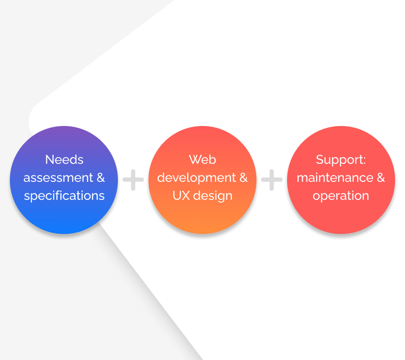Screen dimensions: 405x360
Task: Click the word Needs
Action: point(64,160)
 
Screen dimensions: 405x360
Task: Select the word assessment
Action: point(58,178)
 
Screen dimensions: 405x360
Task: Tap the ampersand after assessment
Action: point(101,178)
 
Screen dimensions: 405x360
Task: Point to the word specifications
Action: point(64,196)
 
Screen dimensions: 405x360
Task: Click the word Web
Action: point(202,160)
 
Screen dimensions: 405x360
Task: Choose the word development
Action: point(197,178)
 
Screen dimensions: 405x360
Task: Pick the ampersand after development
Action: point(243,178)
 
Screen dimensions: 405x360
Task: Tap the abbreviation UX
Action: point(181,195)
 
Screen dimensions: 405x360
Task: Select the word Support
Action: point(339,160)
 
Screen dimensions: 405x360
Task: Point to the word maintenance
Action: point(335,178)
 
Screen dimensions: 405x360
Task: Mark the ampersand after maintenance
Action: point(381,178)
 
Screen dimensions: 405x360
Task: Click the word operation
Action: point(341,196)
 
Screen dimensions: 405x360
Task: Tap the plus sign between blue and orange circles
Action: point(133,180)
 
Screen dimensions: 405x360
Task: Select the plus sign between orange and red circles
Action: point(272,180)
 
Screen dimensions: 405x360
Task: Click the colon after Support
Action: point(364,160)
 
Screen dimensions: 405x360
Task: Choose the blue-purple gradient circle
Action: point(64,180)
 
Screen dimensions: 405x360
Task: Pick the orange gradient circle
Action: point(202,180)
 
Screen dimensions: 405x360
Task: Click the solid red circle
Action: point(341,180)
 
